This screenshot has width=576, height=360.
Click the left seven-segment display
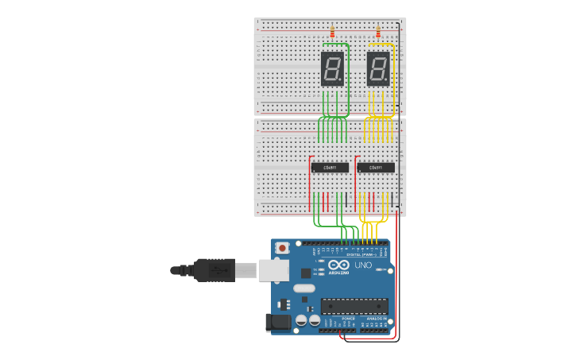(332, 69)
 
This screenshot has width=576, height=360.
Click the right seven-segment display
(378, 69)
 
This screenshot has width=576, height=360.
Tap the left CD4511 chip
(330, 168)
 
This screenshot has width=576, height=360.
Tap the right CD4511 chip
(376, 168)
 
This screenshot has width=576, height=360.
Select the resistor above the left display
(332, 32)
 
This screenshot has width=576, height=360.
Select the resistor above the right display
(378, 32)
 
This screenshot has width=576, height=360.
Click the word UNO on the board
(363, 265)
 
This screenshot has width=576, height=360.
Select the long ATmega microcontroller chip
(354, 306)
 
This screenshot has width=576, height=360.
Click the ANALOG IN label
(376, 319)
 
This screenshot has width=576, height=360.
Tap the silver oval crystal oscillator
(303, 288)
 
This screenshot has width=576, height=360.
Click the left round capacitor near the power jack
(302, 320)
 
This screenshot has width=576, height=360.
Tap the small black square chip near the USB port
(306, 273)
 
